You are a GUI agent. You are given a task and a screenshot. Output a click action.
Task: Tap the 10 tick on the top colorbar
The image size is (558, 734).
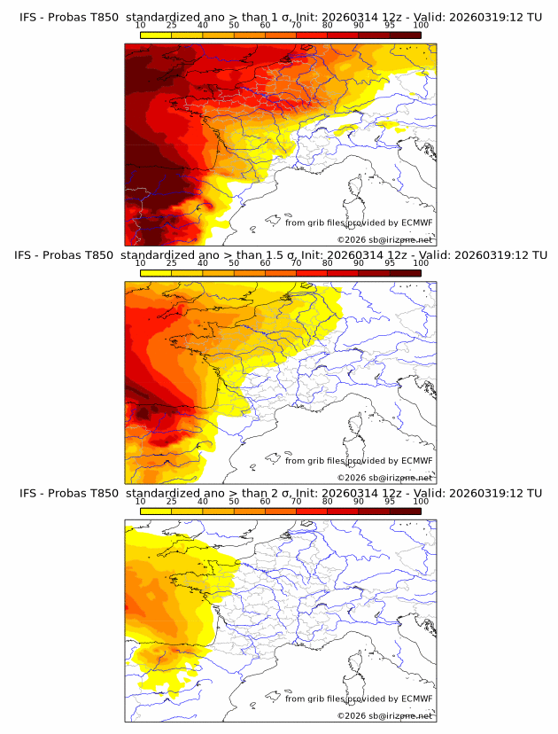pos(141,25)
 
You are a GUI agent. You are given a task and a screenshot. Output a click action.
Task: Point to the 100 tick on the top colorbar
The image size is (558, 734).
pos(421,25)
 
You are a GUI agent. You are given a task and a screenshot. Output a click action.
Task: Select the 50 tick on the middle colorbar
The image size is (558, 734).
pos(234,263)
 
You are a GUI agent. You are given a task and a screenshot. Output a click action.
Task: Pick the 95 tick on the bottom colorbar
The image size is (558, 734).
pos(390,501)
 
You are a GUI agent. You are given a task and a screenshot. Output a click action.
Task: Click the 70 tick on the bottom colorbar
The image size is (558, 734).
pos(296,501)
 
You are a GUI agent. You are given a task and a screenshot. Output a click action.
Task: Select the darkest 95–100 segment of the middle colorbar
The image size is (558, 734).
pos(405,274)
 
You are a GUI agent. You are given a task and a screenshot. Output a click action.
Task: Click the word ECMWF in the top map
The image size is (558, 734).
pos(417,223)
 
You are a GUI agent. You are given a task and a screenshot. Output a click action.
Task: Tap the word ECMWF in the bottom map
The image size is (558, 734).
pos(417,699)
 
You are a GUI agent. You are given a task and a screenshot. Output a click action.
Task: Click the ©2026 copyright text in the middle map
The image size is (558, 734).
pos(384,477)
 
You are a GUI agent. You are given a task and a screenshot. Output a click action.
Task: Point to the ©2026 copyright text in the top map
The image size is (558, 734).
pos(384,239)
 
